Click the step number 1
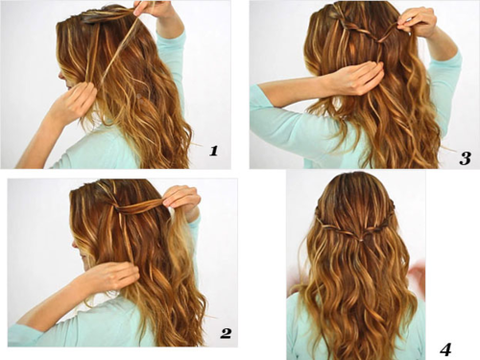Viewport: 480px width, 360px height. click(214, 151)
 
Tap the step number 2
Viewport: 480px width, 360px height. click(226, 333)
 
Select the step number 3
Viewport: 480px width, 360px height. click(465, 158)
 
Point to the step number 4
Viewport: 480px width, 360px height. click(446, 350)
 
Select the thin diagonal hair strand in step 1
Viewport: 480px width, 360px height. click(117, 50)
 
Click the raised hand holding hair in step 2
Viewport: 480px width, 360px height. click(182, 202)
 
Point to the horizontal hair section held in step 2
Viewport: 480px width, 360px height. click(140, 208)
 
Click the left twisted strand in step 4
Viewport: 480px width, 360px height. click(337, 225)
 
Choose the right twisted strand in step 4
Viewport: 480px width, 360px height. click(380, 225)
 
